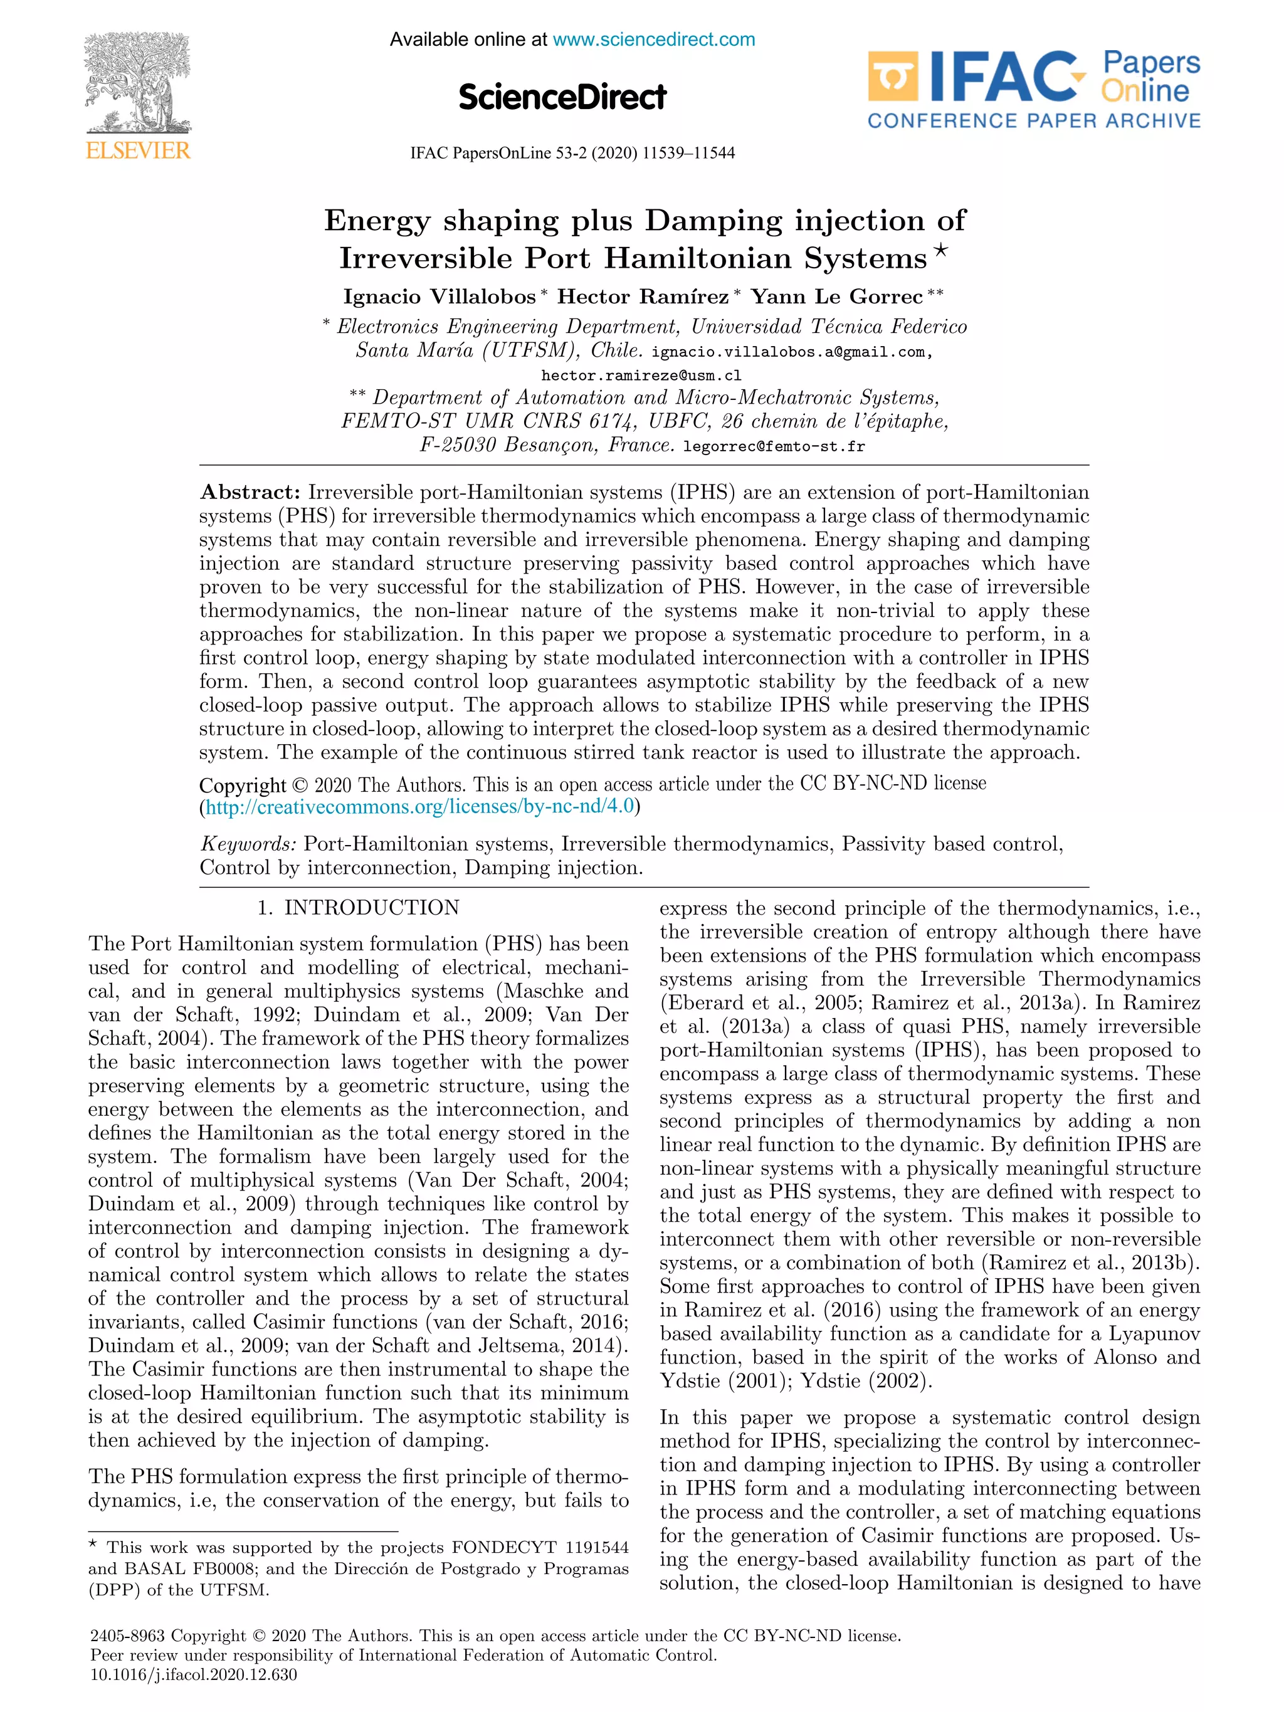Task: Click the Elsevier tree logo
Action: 137,83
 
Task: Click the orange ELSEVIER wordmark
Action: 138,150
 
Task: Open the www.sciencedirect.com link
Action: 653,39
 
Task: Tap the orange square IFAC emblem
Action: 892,76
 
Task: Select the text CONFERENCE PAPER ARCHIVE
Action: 1034,121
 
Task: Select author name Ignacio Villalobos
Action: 439,297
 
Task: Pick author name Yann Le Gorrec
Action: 836,297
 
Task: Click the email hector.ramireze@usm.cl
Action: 641,375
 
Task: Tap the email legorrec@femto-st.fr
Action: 774,446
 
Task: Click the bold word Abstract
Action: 250,492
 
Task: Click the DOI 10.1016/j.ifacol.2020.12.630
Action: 194,1676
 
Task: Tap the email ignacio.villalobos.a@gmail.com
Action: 789,352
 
